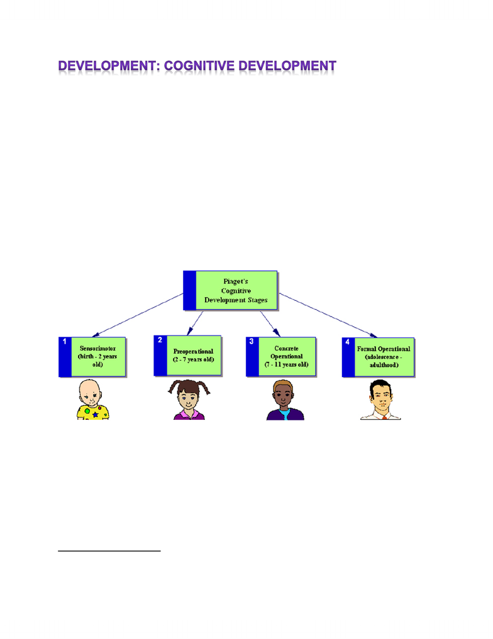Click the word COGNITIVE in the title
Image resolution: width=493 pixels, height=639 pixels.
point(199,66)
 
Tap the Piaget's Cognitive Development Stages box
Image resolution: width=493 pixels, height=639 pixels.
point(230,291)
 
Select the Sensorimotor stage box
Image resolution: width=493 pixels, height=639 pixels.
point(92,357)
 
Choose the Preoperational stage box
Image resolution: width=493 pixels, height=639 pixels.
point(187,356)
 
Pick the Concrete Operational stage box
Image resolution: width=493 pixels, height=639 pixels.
point(281,357)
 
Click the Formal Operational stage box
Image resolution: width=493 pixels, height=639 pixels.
point(378,358)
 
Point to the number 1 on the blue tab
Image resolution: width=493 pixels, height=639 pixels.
point(64,341)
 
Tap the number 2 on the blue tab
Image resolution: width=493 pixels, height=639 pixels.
point(160,340)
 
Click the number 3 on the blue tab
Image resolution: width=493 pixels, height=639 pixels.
point(252,341)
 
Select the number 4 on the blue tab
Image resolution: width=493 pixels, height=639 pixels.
point(348,342)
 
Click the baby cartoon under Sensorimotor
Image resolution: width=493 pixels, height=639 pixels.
point(93,399)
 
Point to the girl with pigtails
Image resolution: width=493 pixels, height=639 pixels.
point(189,399)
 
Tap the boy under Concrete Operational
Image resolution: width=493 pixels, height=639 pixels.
point(285,400)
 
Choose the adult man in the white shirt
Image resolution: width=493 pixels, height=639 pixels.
point(380,399)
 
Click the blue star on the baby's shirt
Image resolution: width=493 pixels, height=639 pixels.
point(95,415)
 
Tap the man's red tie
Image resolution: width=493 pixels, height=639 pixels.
point(384,418)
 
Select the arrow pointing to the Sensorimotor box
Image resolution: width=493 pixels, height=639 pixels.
point(138,315)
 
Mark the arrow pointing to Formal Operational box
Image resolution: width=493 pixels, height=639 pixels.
point(328,315)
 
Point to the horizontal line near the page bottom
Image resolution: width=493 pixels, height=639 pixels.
point(109,551)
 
